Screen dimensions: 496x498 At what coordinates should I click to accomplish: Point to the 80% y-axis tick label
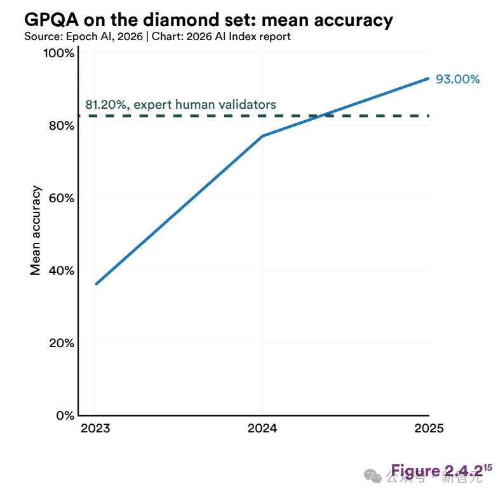click(61, 125)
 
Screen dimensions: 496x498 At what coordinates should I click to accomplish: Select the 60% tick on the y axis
click(61, 198)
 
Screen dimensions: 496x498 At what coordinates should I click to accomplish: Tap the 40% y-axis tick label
click(61, 270)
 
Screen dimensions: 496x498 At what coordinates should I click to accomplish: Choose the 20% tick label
click(61, 343)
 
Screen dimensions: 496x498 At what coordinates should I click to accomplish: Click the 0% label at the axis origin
click(64, 415)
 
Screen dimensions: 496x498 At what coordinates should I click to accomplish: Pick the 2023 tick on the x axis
click(95, 428)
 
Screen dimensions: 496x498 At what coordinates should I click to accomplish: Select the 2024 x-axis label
click(262, 428)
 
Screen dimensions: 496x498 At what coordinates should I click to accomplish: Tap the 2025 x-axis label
click(429, 428)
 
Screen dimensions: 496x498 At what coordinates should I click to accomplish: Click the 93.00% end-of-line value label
click(457, 79)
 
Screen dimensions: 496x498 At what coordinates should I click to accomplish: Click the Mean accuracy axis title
click(36, 230)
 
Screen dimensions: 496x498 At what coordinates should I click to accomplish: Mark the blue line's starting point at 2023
click(96, 284)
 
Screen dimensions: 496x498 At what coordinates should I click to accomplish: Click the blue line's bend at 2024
click(262, 136)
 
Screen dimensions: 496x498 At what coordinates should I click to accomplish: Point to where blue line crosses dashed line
click(323, 116)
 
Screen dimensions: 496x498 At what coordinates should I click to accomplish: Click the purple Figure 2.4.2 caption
click(436, 471)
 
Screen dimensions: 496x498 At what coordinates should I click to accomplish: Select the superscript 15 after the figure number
click(488, 467)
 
